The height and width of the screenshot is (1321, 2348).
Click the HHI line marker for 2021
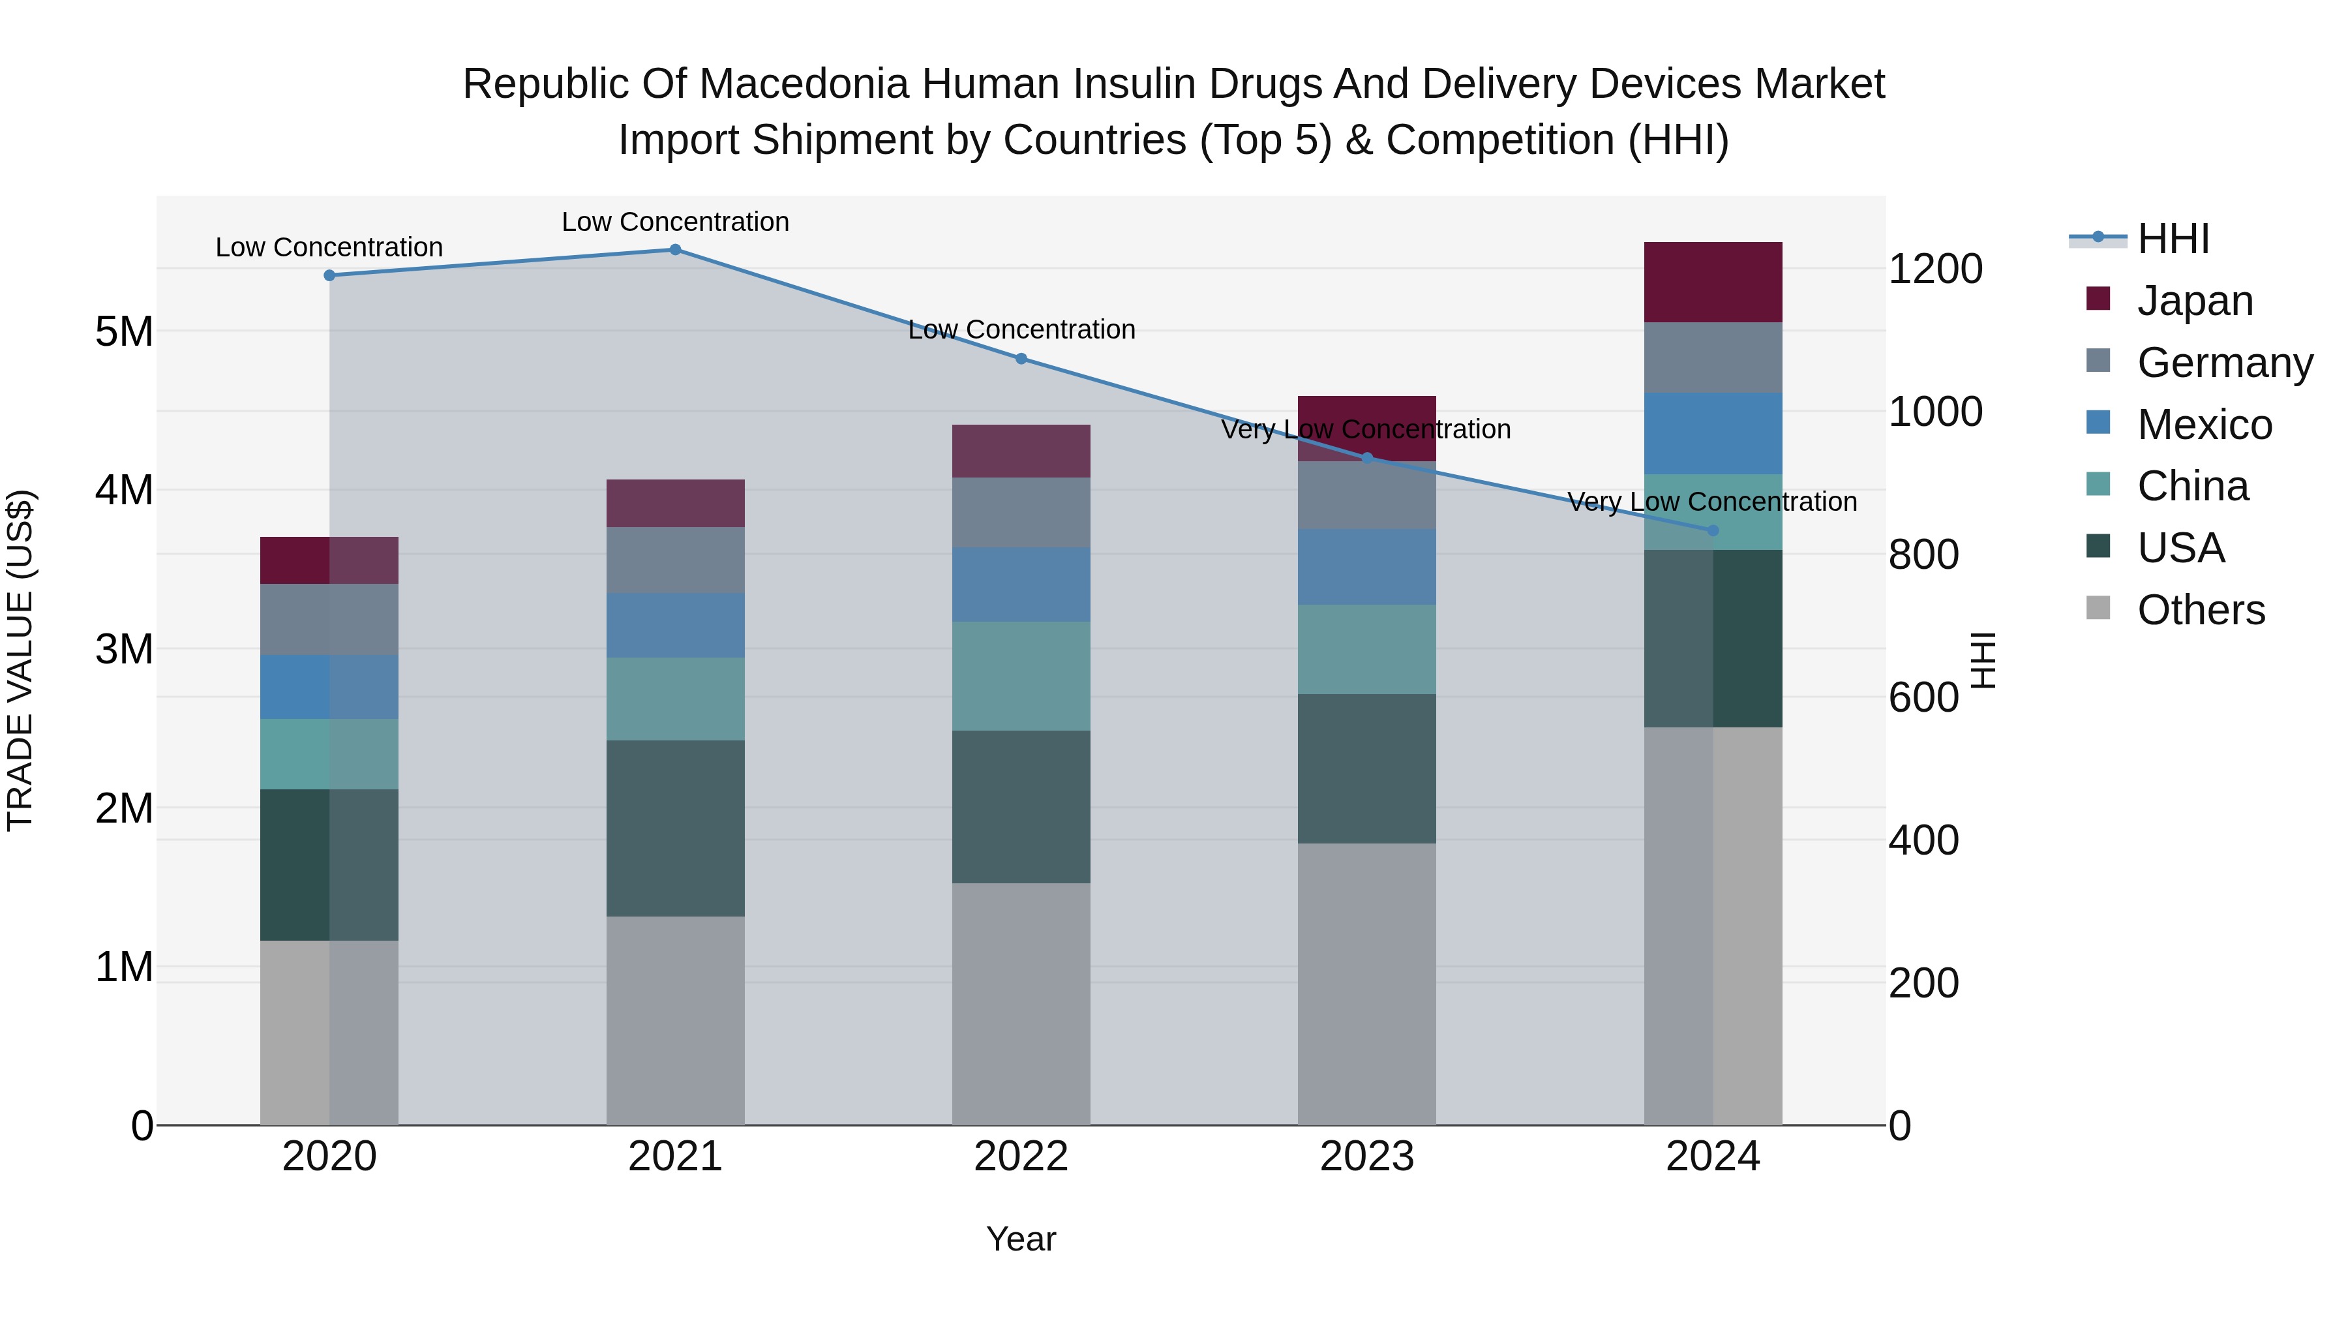676,250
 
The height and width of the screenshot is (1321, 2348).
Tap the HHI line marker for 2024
1713,530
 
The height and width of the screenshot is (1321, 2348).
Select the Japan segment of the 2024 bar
1713,282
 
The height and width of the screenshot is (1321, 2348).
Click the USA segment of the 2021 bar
676,828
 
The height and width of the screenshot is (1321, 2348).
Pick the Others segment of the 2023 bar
1366,984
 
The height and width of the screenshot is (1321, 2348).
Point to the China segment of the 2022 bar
1021,676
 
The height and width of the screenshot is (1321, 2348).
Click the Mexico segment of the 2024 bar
1713,433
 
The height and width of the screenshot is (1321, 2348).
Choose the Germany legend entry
2224,363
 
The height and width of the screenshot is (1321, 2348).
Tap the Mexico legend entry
2204,425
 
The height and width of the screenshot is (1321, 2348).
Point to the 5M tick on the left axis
124,332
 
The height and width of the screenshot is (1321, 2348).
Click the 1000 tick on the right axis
1935,412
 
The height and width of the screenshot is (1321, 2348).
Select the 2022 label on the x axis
1021,1157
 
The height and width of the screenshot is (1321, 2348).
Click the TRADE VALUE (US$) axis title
20,660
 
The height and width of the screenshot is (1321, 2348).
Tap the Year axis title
1021,1239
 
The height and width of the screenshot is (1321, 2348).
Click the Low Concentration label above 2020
329,247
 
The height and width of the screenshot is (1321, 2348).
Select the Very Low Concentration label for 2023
1365,429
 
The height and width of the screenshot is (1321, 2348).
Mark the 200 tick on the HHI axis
1923,984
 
